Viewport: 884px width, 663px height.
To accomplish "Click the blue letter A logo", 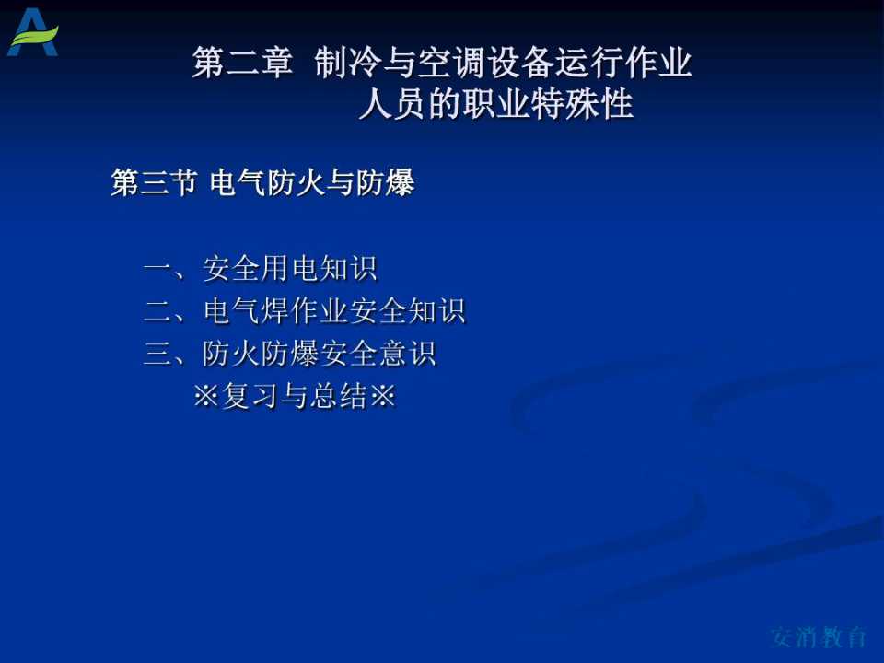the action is click(x=32, y=32).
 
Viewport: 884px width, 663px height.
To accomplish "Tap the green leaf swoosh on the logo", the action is click(x=35, y=37).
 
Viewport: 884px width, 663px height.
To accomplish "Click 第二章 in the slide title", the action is click(x=242, y=62).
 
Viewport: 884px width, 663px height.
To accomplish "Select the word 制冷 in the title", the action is click(x=348, y=62).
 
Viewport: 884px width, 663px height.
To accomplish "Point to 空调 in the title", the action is click(x=451, y=62).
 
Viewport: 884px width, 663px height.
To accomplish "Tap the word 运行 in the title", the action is click(x=588, y=62).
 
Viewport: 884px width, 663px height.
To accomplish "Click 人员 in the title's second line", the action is click(x=392, y=104).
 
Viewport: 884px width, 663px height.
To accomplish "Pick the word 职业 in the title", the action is click(x=495, y=104).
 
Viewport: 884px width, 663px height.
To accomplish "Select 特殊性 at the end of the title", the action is click(x=582, y=104).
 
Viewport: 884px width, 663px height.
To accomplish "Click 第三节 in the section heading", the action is click(x=154, y=182).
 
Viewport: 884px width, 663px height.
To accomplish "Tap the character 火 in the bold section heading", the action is click(x=311, y=182).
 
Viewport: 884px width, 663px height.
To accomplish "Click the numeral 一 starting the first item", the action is click(x=159, y=268).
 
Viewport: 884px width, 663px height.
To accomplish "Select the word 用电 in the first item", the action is click(x=290, y=268).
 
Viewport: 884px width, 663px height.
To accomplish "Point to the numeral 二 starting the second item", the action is click(x=159, y=311).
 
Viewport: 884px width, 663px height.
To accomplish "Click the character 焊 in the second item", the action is click(x=275, y=311).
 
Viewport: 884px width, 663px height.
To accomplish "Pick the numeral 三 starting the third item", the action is click(x=159, y=354).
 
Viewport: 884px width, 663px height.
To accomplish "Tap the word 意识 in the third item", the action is click(x=408, y=354).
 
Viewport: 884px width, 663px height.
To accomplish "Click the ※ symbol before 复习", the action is click(x=205, y=396).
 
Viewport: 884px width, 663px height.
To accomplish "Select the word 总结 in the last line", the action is click(x=338, y=396).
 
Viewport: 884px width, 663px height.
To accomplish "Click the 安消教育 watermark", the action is click(x=819, y=637).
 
